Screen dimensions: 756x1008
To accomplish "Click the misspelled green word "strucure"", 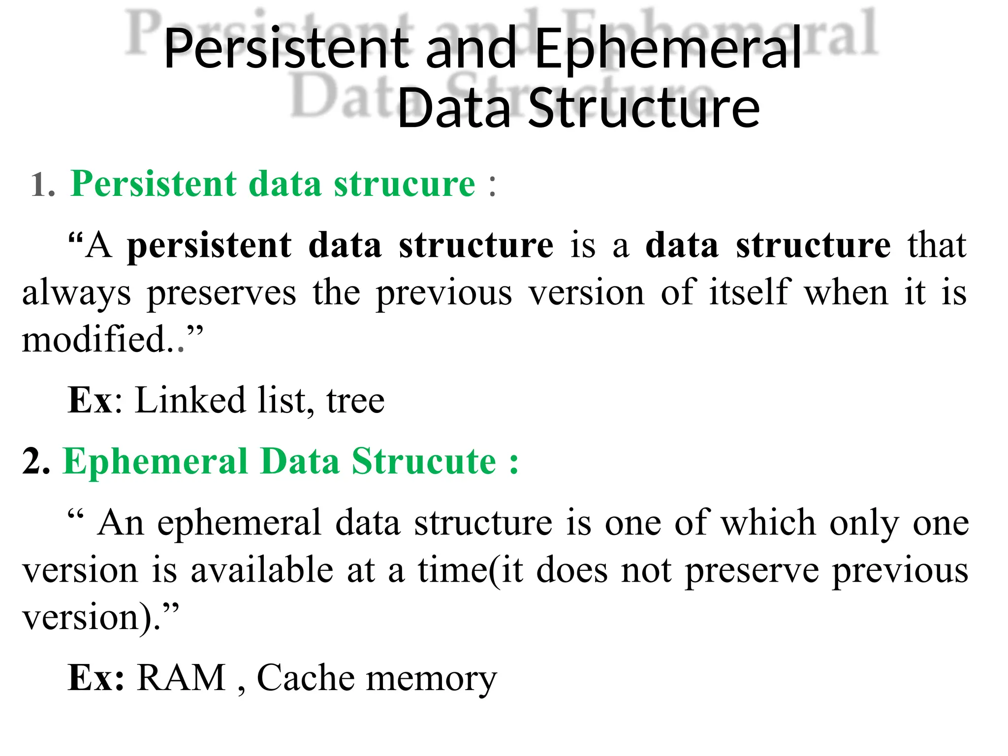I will pyautogui.click(x=405, y=184).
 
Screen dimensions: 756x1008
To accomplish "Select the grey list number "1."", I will pyautogui.click(x=43, y=186).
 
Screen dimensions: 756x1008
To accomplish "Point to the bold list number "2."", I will pyautogui.click(x=36, y=462).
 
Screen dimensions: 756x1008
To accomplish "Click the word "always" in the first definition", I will pyautogui.click(x=77, y=293).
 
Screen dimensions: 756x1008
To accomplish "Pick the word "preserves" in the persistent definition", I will pyautogui.click(x=221, y=293).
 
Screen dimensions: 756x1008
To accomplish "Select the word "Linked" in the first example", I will pyautogui.click(x=189, y=400).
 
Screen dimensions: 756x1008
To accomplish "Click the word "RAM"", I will pyautogui.click(x=181, y=678).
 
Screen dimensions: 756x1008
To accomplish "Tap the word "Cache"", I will pyautogui.click(x=305, y=678).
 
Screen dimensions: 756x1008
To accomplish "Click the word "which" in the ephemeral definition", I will pyautogui.click(x=768, y=522).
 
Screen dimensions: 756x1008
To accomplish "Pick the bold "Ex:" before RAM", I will pyautogui.click(x=96, y=678).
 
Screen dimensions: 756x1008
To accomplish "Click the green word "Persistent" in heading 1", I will pyautogui.click(x=154, y=184).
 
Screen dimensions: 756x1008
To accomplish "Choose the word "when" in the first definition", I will pyautogui.click(x=846, y=292).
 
